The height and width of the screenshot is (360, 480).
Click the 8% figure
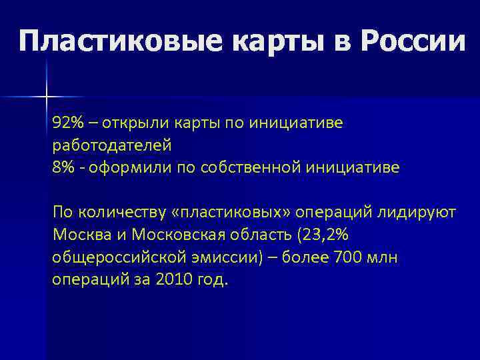63,167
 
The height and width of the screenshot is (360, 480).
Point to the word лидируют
418,213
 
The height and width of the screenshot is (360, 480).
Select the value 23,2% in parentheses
325,235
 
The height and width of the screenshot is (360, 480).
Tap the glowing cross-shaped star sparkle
47,97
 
